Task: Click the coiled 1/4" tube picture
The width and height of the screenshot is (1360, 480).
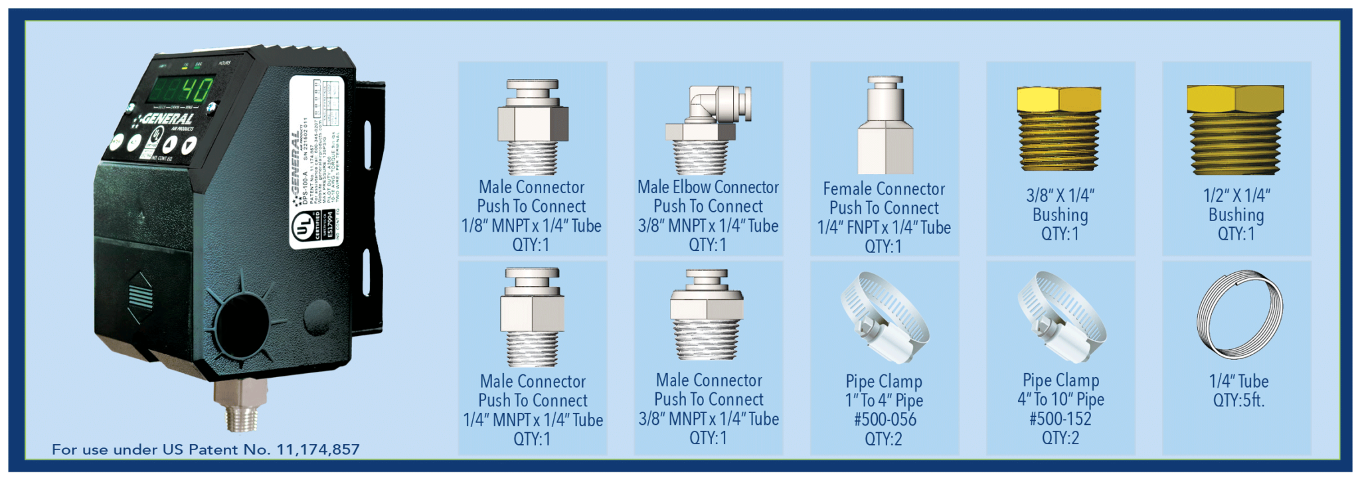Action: [1238, 315]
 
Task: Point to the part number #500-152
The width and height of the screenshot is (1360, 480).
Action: [1061, 419]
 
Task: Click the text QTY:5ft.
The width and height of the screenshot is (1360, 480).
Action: [1238, 400]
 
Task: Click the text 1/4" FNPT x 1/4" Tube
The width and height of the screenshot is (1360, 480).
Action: [884, 227]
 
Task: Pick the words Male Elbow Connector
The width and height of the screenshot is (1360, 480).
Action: [708, 187]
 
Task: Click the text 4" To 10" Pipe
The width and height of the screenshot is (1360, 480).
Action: [1061, 400]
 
